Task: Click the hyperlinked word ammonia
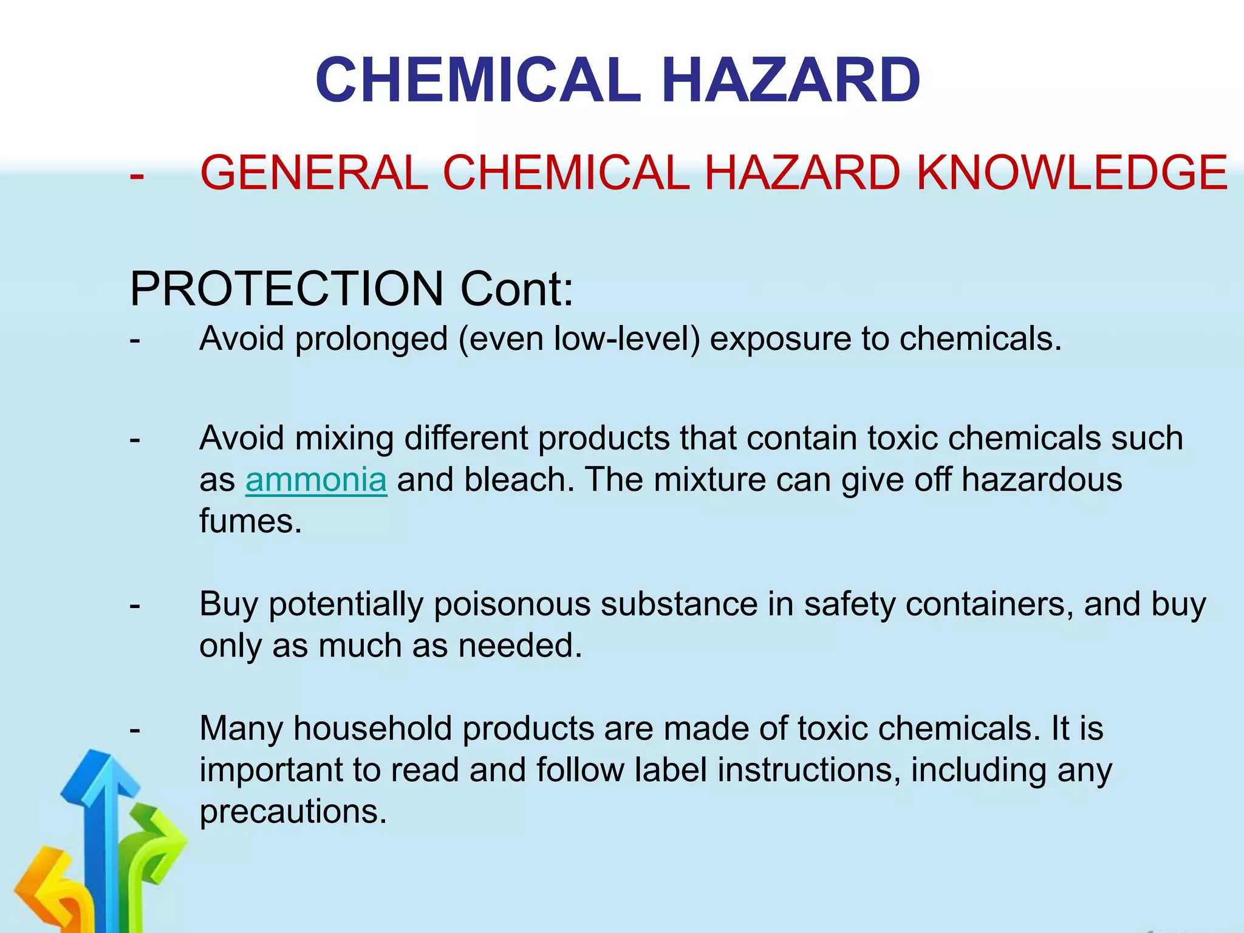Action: [x=316, y=480]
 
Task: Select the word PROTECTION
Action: [x=287, y=289]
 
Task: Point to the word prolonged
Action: [x=371, y=339]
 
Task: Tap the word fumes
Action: [x=250, y=521]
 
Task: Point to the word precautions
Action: [x=293, y=812]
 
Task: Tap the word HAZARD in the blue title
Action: [x=790, y=80]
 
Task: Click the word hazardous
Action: [x=1042, y=480]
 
